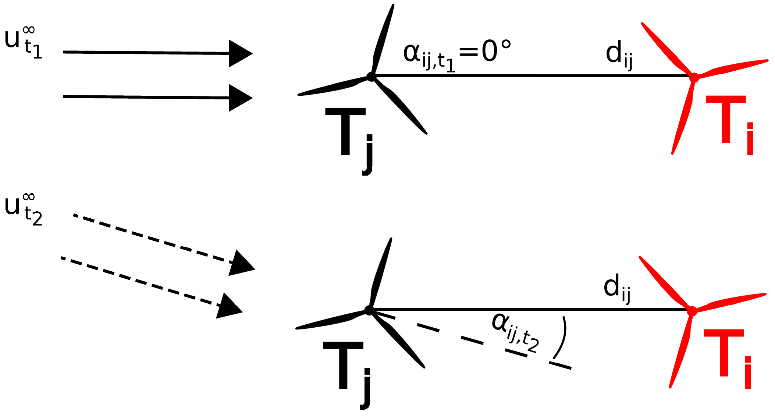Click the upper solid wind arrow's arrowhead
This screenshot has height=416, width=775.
click(x=239, y=54)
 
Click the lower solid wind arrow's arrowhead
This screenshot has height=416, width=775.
click(x=239, y=98)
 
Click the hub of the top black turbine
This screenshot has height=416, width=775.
click(x=371, y=77)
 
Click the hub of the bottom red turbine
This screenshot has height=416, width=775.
click(x=692, y=311)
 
